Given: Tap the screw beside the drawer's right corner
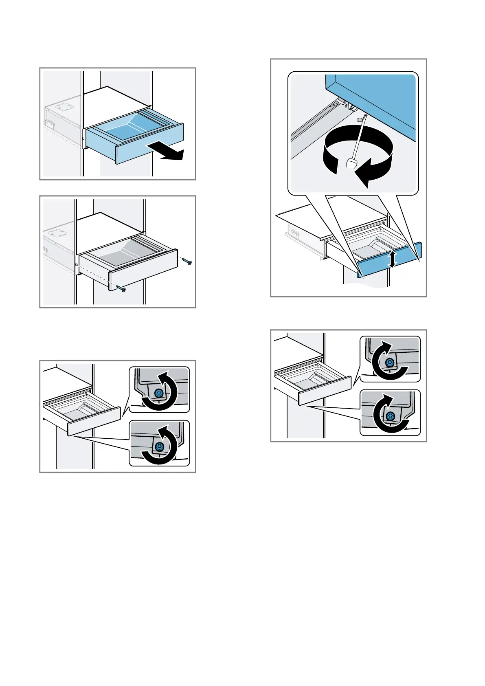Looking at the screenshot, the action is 188,261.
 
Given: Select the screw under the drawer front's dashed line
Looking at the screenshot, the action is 122,289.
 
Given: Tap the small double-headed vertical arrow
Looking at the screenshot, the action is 392,259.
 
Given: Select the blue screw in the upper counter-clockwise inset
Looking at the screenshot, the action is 159,393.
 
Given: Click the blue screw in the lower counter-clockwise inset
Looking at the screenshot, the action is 159,446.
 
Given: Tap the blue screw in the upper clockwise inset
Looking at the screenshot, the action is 390,362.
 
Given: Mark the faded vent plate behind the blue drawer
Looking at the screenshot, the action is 63,108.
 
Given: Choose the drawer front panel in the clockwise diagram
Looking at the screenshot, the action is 325,390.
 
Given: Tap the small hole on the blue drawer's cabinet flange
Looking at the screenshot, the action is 83,139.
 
